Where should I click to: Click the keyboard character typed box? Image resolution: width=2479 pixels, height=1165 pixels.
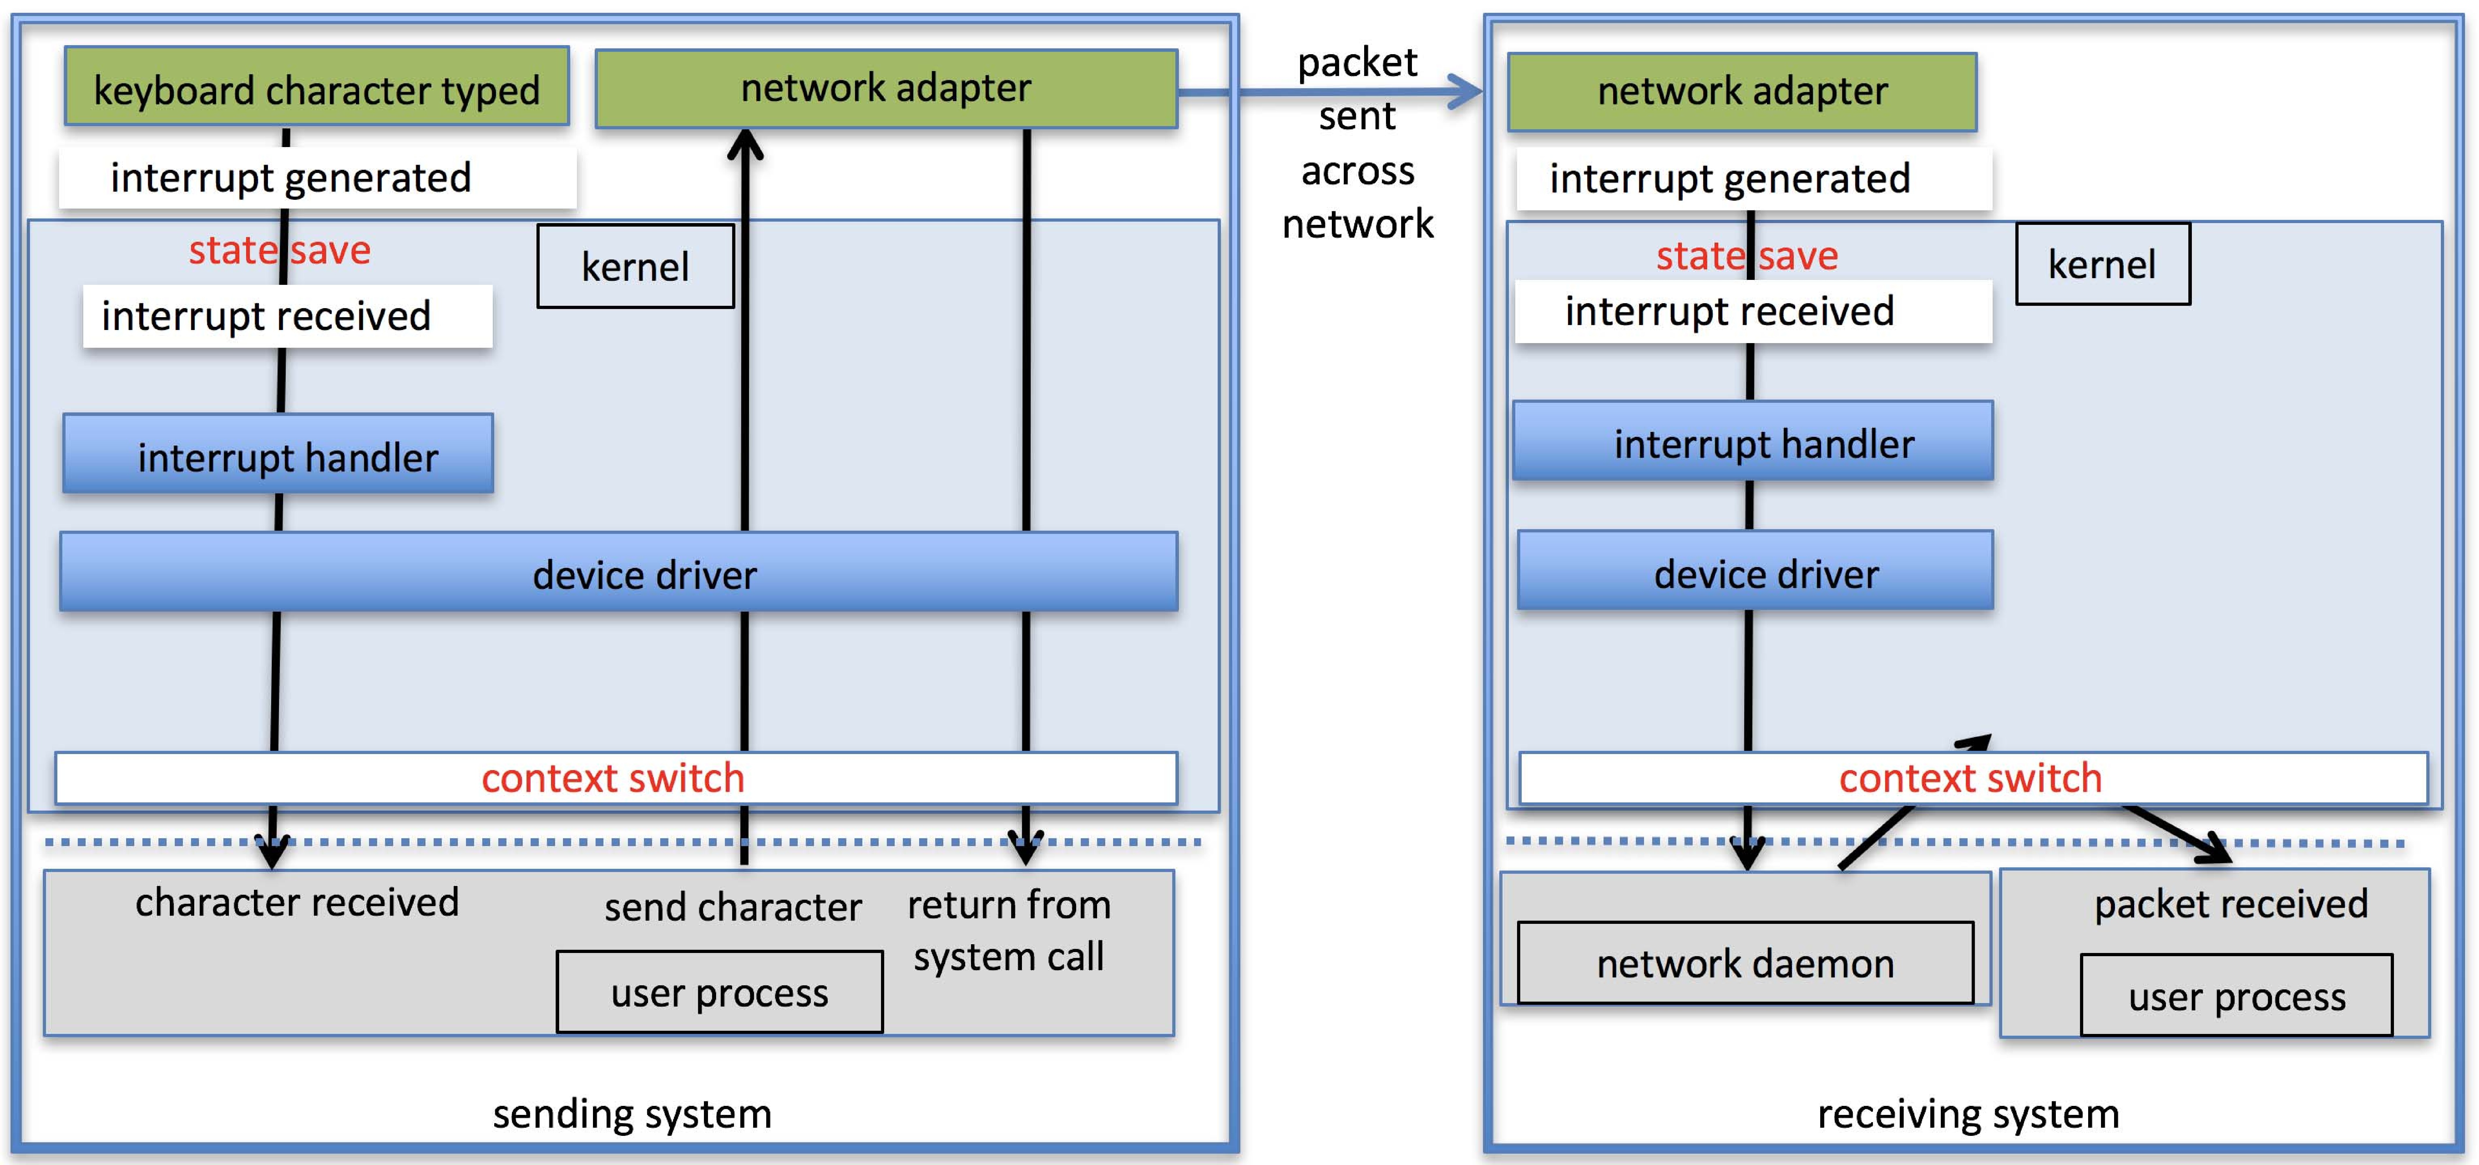click(317, 87)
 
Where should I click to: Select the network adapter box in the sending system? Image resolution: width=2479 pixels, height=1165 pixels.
click(885, 89)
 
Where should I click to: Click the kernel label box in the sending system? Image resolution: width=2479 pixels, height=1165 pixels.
click(635, 266)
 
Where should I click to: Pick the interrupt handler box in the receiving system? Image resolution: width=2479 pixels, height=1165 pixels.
click(1752, 442)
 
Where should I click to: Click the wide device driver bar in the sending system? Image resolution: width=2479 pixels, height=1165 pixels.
click(619, 572)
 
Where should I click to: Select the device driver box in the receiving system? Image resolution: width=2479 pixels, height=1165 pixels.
click(1755, 571)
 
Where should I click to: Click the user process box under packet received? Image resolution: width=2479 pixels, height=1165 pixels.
click(2236, 996)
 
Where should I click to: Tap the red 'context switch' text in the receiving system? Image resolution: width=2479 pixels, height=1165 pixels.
click(1970, 777)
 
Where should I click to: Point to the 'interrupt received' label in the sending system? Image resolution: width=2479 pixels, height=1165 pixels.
click(266, 315)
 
